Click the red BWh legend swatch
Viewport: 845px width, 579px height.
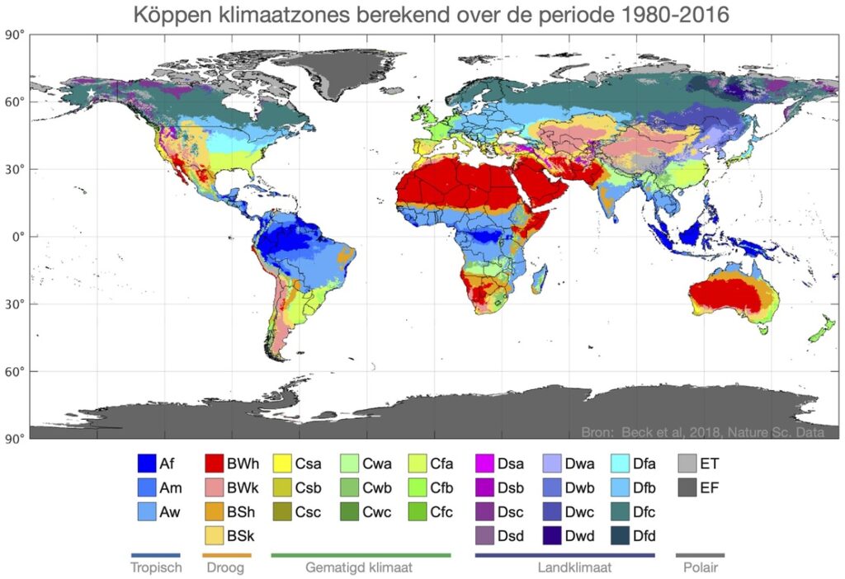coord(216,463)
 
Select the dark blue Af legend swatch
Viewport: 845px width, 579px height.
coord(147,463)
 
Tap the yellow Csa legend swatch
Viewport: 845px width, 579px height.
coord(283,463)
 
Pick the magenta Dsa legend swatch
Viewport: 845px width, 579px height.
coord(485,463)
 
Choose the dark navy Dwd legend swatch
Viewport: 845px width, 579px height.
coord(554,536)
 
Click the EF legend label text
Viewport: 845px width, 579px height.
coord(710,487)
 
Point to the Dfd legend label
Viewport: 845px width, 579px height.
coord(644,536)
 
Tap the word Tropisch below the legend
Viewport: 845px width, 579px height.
coord(154,567)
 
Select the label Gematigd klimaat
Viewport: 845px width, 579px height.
coord(359,567)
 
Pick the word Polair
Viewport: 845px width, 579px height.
coord(700,567)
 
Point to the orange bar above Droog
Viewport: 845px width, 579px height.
coord(226,555)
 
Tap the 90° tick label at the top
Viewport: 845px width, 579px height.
coord(13,35)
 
